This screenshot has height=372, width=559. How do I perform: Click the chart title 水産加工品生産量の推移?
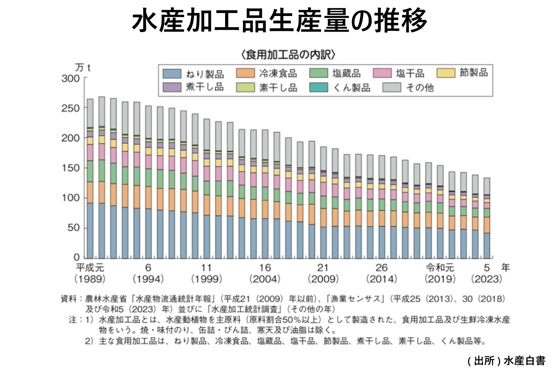[279, 20]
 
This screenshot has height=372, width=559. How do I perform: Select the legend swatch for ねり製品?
[172, 73]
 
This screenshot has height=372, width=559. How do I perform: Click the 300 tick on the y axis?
[71, 78]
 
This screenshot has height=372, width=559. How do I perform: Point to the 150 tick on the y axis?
[71, 168]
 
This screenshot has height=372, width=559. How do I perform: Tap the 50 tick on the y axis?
[73, 228]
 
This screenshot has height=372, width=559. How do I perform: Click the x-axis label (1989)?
[90, 279]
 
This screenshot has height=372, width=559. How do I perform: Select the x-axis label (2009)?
[323, 279]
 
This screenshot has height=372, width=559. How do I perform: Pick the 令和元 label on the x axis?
[440, 267]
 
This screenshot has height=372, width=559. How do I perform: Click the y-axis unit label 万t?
[83, 68]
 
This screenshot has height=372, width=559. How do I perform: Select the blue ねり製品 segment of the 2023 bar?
[487, 246]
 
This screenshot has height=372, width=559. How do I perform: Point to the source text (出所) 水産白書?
[506, 360]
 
